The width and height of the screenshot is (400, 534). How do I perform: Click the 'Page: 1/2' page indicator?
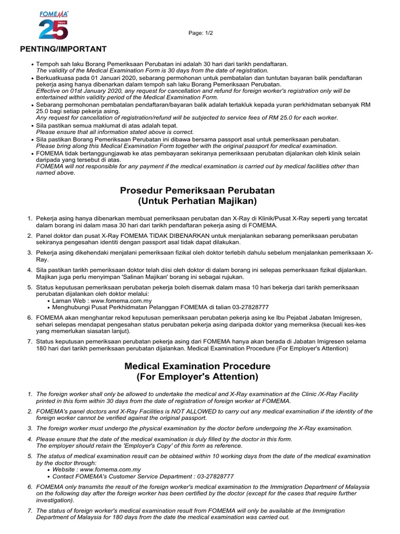[201, 33]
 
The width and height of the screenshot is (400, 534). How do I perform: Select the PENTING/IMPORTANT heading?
[63, 49]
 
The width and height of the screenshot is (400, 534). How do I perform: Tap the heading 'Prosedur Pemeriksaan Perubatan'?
[197, 190]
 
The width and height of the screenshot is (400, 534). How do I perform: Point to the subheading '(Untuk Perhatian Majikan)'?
[197, 201]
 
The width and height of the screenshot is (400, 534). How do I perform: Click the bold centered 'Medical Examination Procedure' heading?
[197, 366]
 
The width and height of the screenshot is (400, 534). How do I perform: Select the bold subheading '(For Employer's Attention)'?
[197, 377]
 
